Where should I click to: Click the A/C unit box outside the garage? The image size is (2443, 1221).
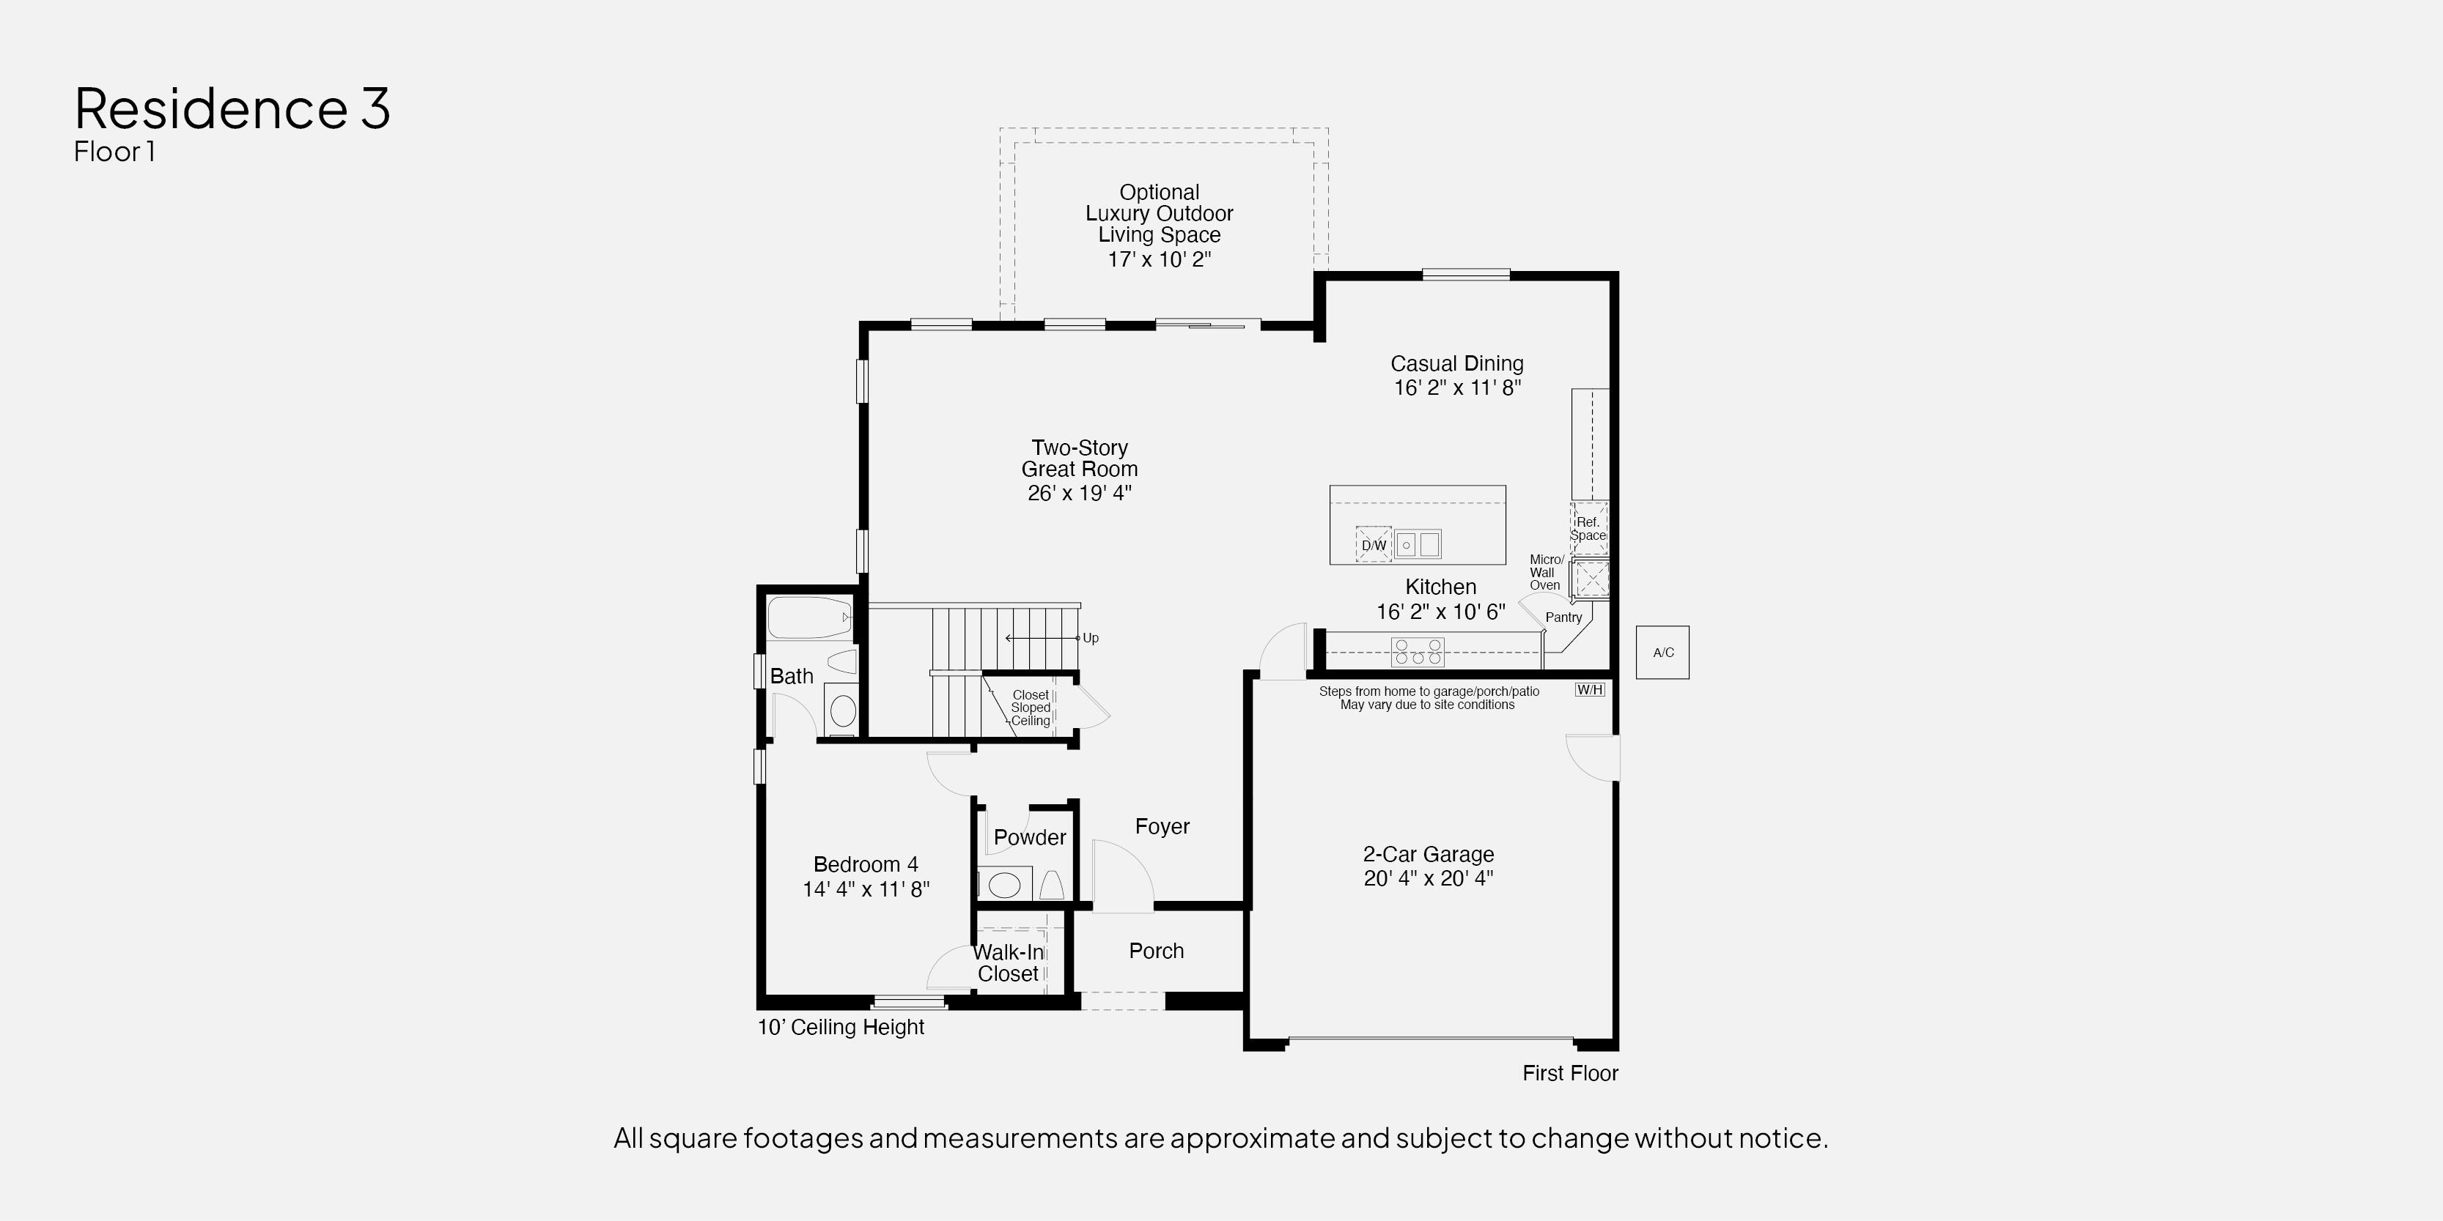(1662, 652)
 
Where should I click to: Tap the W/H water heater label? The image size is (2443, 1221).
(1590, 689)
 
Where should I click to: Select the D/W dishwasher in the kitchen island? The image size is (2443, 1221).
(1374, 544)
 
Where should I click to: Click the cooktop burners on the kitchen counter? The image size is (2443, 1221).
(1418, 651)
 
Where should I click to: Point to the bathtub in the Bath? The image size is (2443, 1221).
(810, 618)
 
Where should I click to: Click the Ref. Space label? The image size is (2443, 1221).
(1588, 529)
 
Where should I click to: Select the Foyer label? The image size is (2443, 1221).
(1162, 827)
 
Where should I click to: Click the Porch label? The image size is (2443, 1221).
(1156, 951)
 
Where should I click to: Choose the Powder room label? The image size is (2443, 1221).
(1030, 837)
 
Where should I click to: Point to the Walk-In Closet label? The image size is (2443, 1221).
(1008, 963)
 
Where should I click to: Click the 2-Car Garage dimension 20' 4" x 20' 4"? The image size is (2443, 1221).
(1429, 877)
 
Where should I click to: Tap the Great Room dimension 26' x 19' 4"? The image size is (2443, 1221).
(1079, 493)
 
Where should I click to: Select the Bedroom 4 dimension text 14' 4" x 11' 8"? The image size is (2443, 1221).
(866, 888)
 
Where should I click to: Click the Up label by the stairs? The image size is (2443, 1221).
(1091, 638)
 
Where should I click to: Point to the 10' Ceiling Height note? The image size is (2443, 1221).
(840, 1027)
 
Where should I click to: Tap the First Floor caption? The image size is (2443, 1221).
(1571, 1073)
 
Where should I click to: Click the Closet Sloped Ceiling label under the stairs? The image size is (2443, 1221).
(1031, 708)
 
